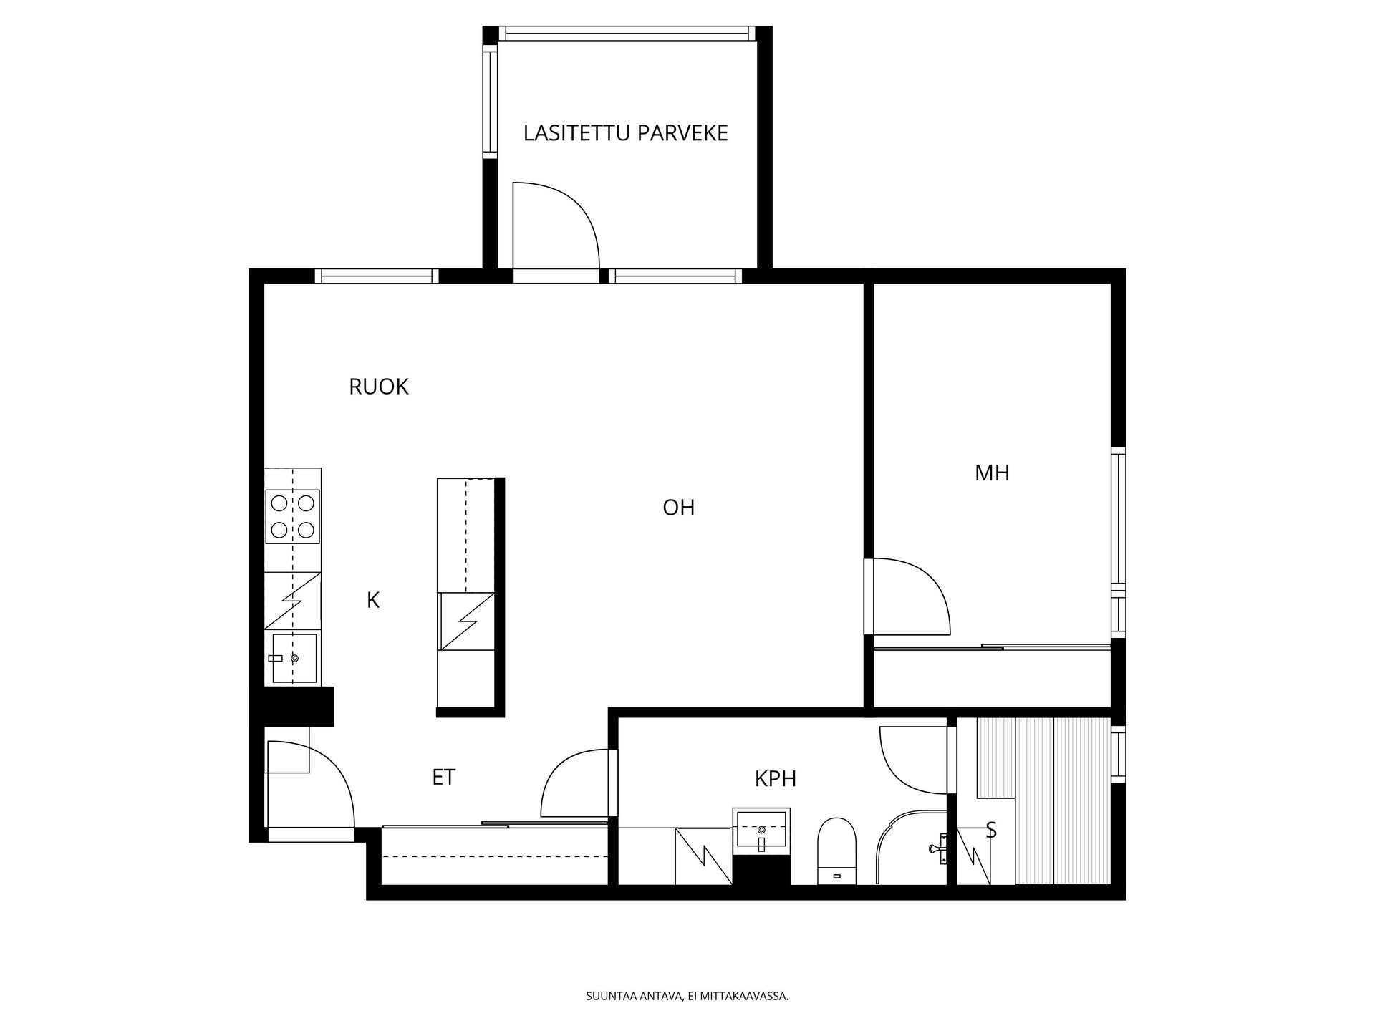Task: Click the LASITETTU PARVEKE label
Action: coord(625,133)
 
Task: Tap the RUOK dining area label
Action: coord(378,387)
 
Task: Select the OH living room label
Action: coord(678,508)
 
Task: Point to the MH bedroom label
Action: coord(992,473)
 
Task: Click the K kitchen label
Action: coord(373,600)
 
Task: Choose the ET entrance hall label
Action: coord(443,777)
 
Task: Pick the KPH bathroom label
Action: coord(776,778)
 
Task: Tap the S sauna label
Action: coord(992,830)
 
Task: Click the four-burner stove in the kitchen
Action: coord(292,516)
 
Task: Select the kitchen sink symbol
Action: coord(294,658)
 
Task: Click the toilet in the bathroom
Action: coord(837,851)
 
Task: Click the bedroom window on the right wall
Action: coord(1118,542)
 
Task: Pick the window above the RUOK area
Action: coord(377,276)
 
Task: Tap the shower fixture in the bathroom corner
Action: coord(939,849)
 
